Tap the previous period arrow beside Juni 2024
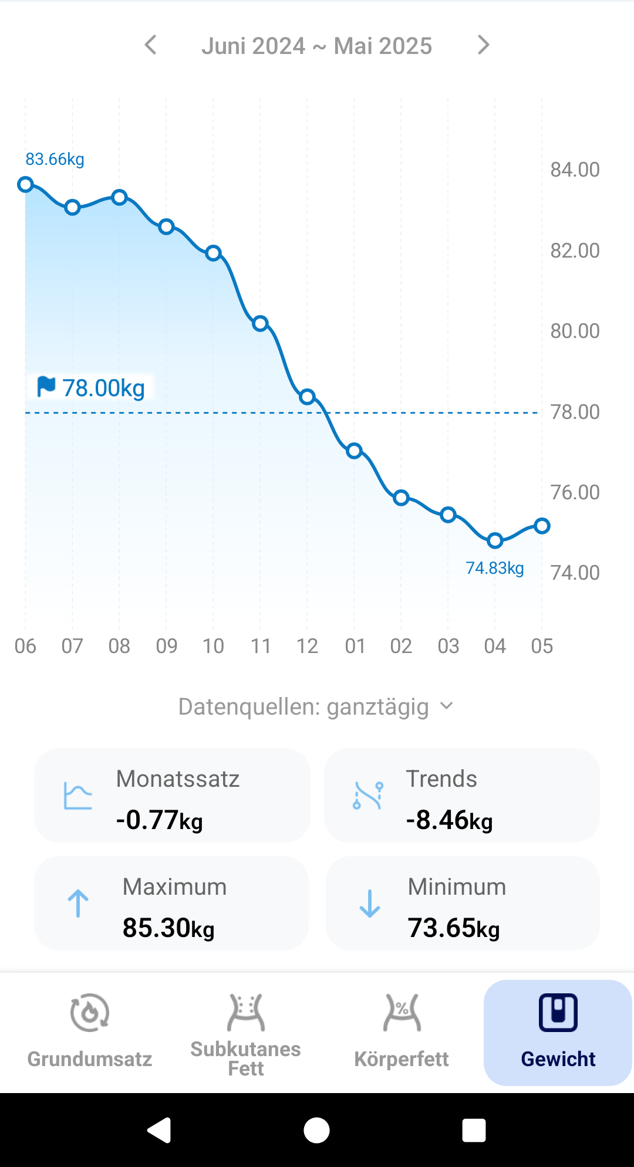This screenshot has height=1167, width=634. tap(151, 45)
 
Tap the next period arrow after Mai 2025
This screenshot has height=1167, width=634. tap(483, 45)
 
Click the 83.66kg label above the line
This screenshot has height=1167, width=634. tap(55, 159)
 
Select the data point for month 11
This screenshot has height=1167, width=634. tap(260, 323)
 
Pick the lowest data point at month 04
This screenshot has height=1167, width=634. tap(495, 540)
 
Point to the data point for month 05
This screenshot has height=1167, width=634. tap(542, 526)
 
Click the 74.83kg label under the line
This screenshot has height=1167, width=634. tap(494, 568)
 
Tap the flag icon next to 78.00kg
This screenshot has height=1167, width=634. tap(46, 387)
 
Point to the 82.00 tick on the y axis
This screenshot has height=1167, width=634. tap(575, 251)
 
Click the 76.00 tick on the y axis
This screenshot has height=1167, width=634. tap(575, 492)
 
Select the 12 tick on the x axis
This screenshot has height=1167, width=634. tap(307, 646)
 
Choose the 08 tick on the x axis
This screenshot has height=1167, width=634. tap(119, 646)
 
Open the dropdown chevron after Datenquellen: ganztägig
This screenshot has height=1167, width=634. tap(447, 706)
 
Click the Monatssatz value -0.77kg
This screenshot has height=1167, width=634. tap(160, 820)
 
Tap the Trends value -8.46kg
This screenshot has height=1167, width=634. tap(449, 820)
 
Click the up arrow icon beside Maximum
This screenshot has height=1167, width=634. tap(77, 903)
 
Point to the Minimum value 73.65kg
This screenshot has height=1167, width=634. tap(453, 928)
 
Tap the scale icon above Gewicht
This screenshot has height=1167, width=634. tap(558, 1013)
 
